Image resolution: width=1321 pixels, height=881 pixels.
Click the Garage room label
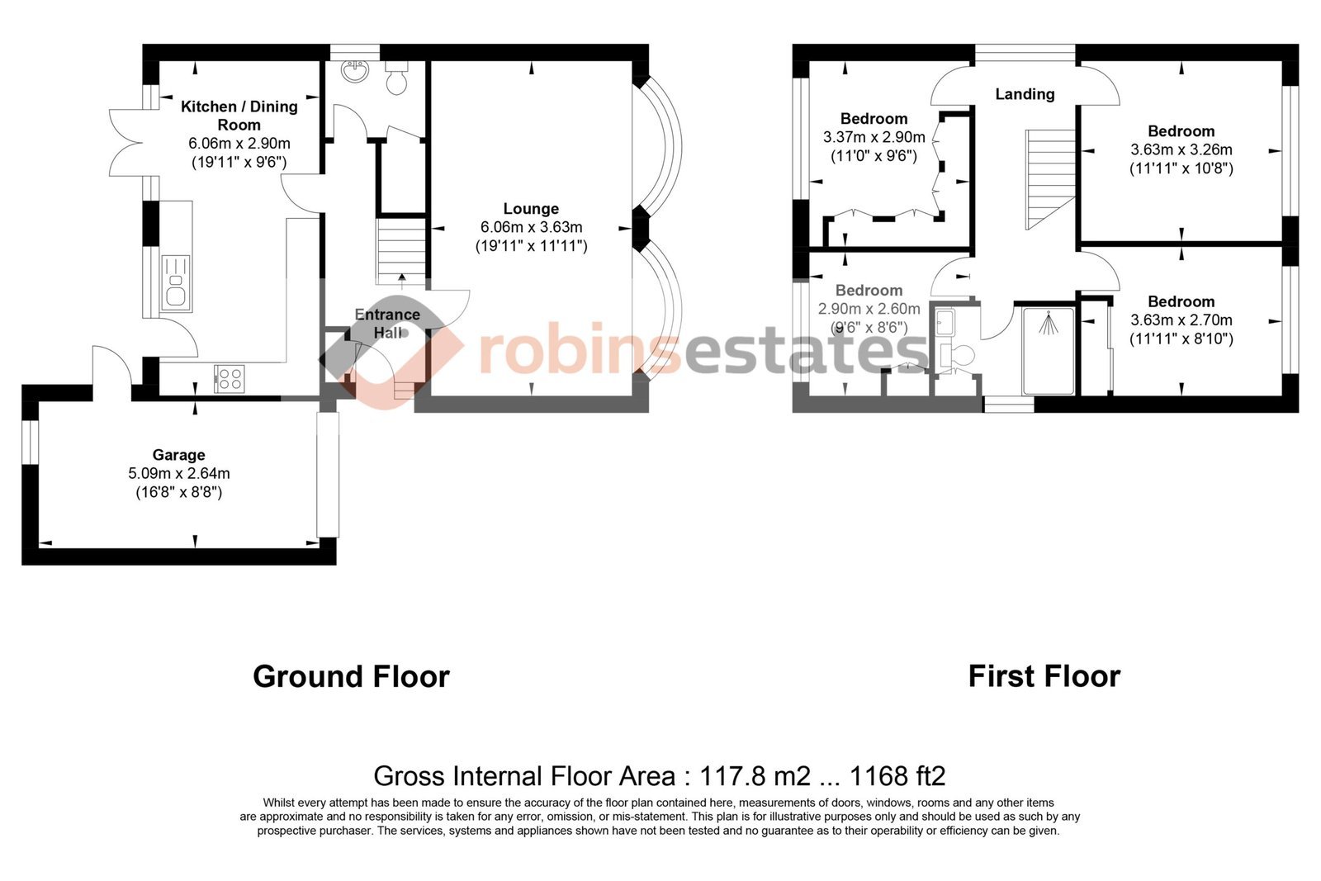178,455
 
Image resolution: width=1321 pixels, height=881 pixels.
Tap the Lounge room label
531,209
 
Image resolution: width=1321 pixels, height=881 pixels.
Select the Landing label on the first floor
1025,94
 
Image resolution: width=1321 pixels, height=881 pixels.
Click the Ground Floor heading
352,676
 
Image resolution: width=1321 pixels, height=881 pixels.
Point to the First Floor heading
1044,676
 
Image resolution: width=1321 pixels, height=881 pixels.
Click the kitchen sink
176,283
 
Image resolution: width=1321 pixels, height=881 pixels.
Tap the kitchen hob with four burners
230,379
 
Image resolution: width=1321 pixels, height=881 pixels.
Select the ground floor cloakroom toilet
396,78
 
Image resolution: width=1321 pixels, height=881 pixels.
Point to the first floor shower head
1048,323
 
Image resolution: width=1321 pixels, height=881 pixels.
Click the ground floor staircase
401,252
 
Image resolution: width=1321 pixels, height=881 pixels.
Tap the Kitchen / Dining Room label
239,116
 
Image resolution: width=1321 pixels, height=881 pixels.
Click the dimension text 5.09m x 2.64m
178,473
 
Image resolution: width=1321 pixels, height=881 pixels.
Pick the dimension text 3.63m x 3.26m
1181,149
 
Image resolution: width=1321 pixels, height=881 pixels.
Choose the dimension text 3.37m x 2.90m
874,137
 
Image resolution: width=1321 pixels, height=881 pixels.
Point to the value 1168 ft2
897,776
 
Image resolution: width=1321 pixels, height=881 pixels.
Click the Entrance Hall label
387,324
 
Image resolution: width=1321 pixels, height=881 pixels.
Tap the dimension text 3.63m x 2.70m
1181,320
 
